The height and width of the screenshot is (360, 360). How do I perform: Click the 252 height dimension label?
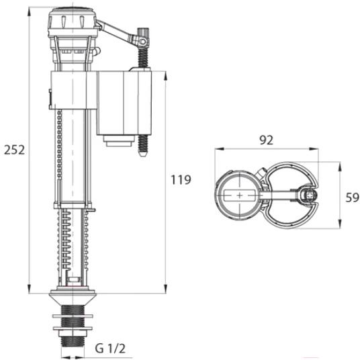(15, 150)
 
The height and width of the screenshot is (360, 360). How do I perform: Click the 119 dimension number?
(181, 179)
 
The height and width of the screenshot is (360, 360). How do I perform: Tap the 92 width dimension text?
(267, 140)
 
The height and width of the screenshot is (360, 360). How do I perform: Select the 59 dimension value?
(352, 197)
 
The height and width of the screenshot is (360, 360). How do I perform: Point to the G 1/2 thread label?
(110, 349)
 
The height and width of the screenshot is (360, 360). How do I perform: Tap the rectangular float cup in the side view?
(124, 103)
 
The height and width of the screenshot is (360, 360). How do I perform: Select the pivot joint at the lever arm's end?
(143, 42)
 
